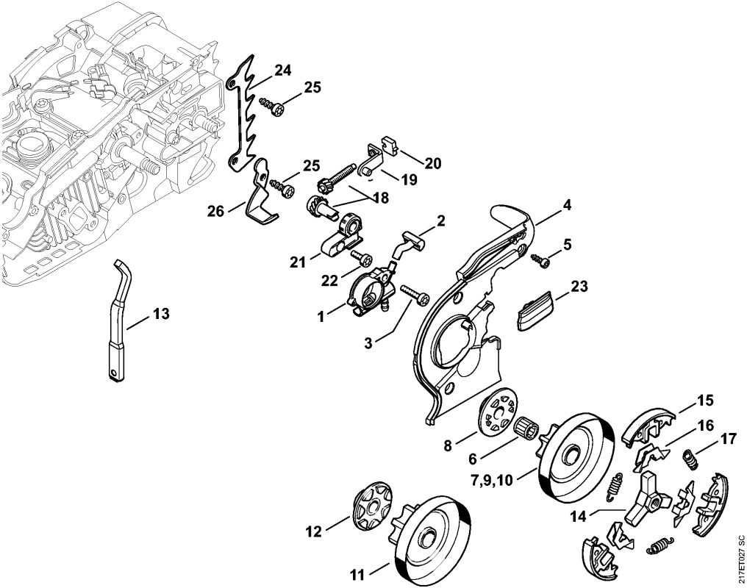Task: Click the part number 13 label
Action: point(161,314)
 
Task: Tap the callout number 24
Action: point(282,71)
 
